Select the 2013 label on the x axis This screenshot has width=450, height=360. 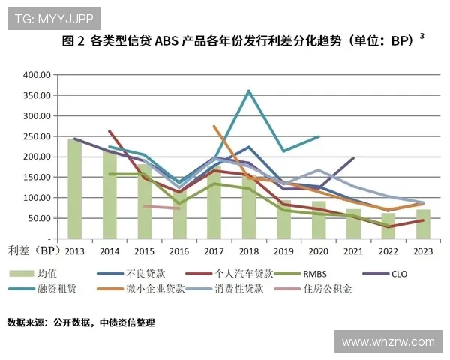tap(74, 251)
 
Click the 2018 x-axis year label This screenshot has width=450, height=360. tap(248, 251)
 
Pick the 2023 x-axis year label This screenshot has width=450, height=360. tap(422, 251)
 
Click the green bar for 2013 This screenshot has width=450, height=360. tap(74, 188)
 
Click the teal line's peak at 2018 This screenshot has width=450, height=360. tap(248, 91)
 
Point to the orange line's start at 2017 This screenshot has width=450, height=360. tap(214, 126)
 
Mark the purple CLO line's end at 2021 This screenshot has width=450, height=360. tap(353, 157)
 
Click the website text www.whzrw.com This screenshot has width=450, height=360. tap(388, 342)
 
